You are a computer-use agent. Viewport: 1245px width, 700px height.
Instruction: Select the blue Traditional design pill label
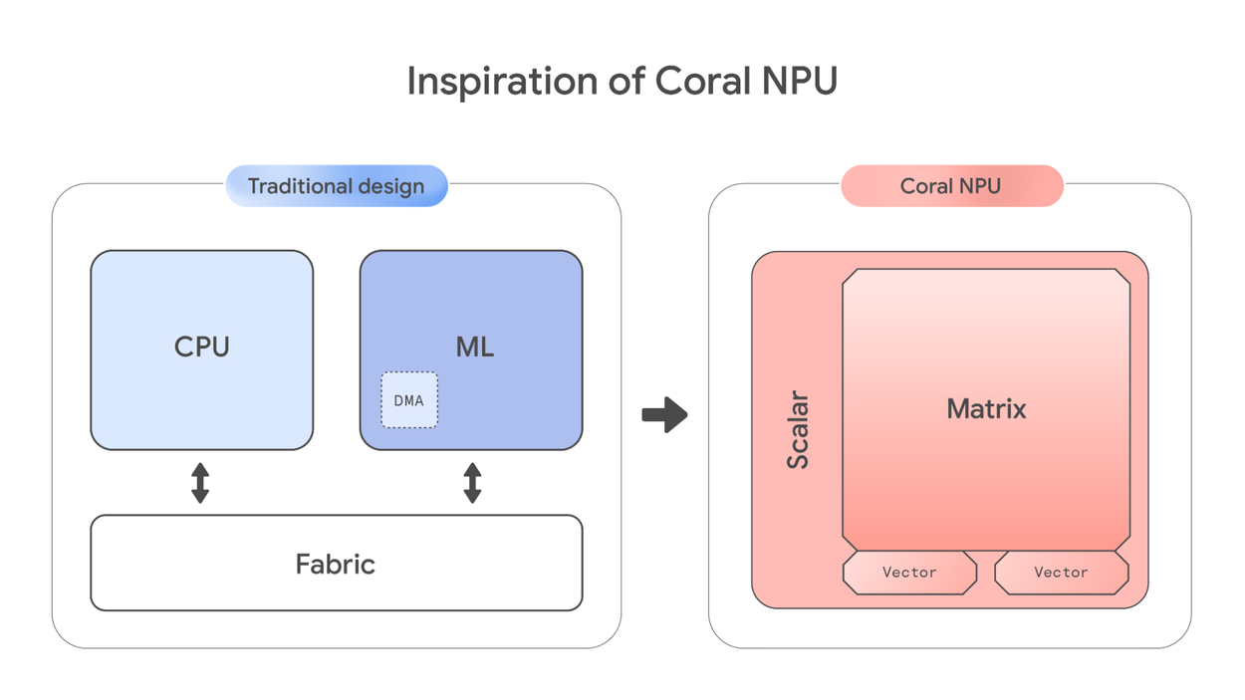tap(336, 186)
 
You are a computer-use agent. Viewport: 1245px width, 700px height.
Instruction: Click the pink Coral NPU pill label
tap(951, 186)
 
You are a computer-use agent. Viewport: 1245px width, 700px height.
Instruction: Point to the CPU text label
tap(202, 347)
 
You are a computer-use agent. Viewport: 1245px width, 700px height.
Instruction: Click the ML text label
tap(474, 347)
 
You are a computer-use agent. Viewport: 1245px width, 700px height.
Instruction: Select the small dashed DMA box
tap(409, 400)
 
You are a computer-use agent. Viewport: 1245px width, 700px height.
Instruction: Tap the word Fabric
tap(336, 565)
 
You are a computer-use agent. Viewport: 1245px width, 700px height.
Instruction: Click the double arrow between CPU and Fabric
tap(200, 482)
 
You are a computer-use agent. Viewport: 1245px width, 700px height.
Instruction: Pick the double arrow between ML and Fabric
tap(472, 482)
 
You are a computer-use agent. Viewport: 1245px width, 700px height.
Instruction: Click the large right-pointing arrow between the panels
tap(665, 414)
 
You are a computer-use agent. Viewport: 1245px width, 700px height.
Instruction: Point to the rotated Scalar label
tap(798, 430)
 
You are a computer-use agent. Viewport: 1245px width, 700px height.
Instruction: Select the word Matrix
tap(986, 408)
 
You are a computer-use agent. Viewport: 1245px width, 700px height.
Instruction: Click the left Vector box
tap(909, 573)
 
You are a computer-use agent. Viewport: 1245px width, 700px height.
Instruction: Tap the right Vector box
tap(1061, 573)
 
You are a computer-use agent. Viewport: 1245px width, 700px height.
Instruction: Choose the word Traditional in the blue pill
tap(296, 186)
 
